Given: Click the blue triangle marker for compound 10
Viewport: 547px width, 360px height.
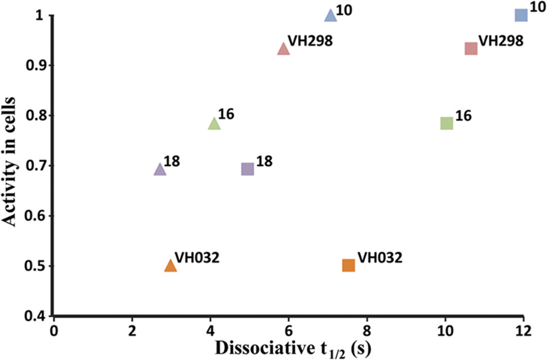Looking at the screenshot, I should pyautogui.click(x=331, y=16).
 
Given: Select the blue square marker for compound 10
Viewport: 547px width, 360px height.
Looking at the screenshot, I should pyautogui.click(x=521, y=15).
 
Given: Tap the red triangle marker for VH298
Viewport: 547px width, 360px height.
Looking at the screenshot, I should pyautogui.click(x=283, y=49).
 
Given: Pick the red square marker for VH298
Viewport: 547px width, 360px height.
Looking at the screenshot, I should pyautogui.click(x=471, y=48).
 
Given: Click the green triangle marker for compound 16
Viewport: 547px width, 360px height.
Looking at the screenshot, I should pyautogui.click(x=214, y=124).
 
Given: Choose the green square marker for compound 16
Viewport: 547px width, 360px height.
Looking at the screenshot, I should pyautogui.click(x=447, y=123).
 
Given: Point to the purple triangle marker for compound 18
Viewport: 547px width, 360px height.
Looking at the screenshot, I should pyautogui.click(x=160, y=169).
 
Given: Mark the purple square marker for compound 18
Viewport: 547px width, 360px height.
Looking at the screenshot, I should pyautogui.click(x=247, y=169).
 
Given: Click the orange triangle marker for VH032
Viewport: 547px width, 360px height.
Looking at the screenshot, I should pyautogui.click(x=171, y=266).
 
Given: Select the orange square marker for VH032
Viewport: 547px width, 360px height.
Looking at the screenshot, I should pyautogui.click(x=348, y=265).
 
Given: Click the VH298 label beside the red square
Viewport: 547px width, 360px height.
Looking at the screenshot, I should pyautogui.click(x=501, y=41).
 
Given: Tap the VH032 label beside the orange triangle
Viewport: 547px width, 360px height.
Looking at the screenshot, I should pyautogui.click(x=197, y=257).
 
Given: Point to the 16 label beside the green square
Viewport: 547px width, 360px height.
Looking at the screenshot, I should pyautogui.click(x=463, y=116).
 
